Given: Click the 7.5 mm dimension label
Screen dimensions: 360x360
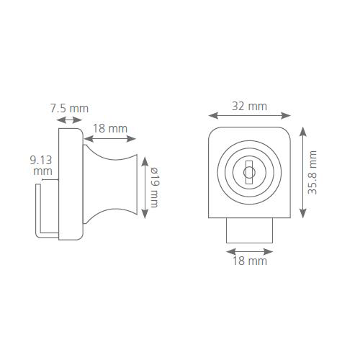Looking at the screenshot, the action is [x=69, y=109].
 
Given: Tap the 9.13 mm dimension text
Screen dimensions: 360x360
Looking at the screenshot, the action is [x=41, y=166].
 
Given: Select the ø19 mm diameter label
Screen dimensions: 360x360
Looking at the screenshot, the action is [x=154, y=187].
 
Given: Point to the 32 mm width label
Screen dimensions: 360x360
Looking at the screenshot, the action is [x=249, y=107].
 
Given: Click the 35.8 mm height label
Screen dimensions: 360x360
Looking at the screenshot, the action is [x=312, y=172].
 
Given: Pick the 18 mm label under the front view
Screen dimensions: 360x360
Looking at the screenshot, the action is [x=250, y=261].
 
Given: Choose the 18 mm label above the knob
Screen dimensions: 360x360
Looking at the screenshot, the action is [x=110, y=129].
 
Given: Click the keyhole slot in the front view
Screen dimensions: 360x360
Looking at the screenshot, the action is [x=249, y=172].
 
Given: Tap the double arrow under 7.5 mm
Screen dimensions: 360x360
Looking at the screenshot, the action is [x=70, y=120].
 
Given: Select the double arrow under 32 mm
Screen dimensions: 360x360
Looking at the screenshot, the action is [x=249, y=115].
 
